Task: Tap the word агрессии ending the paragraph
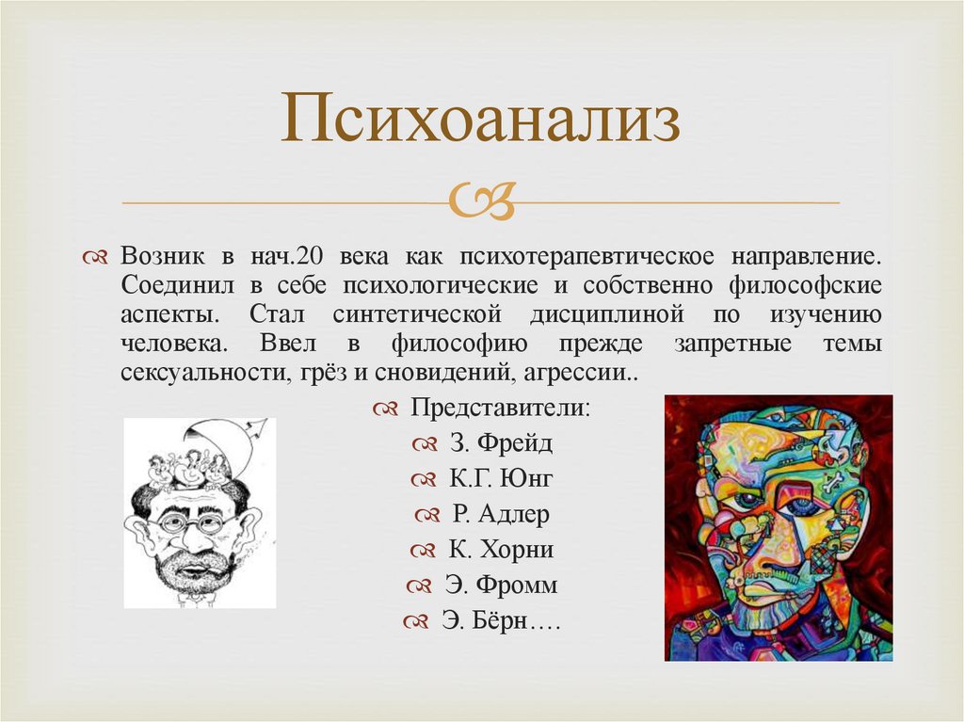click(x=586, y=372)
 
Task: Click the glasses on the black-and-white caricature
click(x=194, y=521)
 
